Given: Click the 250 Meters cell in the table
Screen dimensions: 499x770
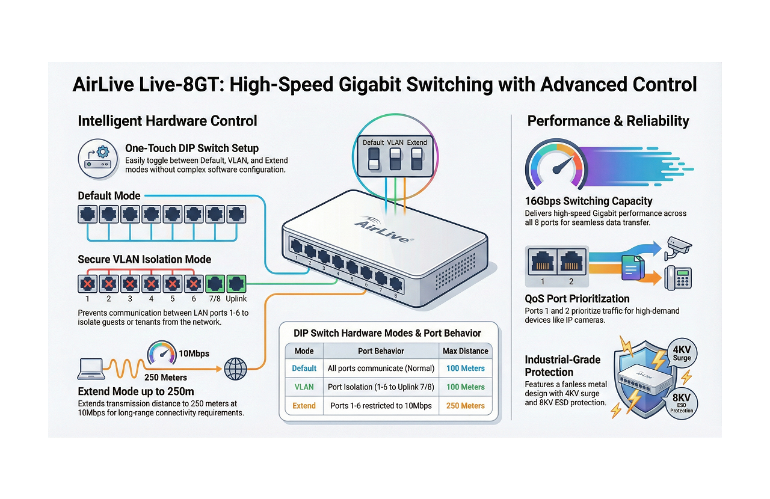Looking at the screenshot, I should (465, 406).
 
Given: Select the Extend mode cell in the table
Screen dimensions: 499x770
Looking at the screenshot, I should (304, 406).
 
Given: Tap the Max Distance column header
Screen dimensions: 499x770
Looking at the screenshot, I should (465, 351).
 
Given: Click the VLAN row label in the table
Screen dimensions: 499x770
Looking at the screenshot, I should (304, 387).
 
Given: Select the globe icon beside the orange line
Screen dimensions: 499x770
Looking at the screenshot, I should (235, 369).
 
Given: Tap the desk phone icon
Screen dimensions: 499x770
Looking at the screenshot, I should (678, 278).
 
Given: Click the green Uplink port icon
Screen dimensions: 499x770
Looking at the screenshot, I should (236, 283).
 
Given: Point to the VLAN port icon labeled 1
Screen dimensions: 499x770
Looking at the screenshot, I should (87, 283).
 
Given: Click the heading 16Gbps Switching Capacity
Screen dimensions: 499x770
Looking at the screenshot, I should (588, 201).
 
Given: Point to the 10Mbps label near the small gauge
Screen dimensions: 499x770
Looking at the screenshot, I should (194, 354).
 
